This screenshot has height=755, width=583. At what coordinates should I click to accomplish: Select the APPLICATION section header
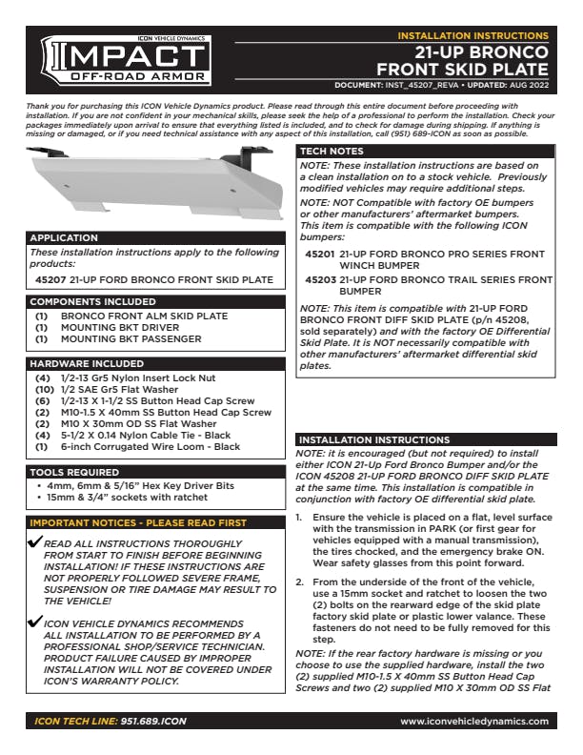click(64, 237)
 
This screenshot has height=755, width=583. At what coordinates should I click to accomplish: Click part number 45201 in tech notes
click(319, 255)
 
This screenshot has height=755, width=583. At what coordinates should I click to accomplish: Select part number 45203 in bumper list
click(319, 280)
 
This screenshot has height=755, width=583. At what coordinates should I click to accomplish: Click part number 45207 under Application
click(50, 280)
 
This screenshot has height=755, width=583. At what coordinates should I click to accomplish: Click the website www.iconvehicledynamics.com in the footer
click(473, 722)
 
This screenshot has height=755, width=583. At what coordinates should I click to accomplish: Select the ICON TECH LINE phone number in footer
click(152, 722)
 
